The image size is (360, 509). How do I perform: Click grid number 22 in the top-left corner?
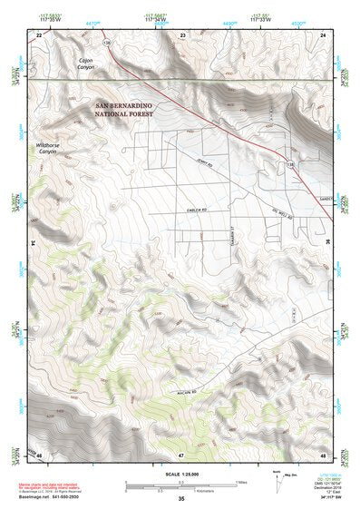(39, 34)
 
